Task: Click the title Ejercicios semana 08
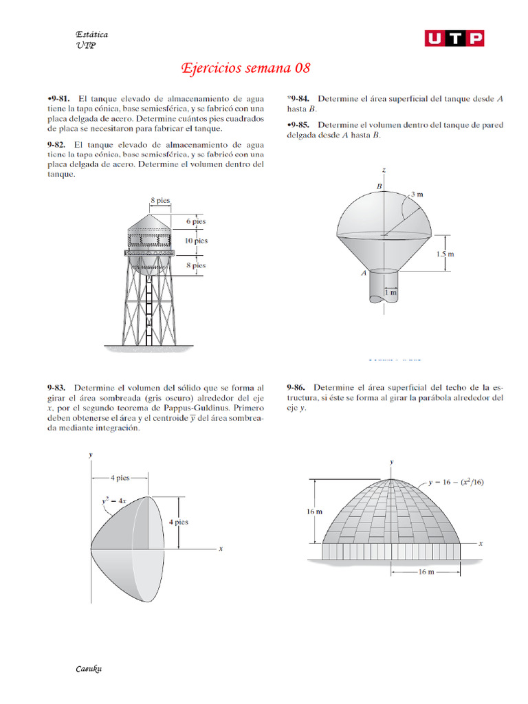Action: (x=245, y=68)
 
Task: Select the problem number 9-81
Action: (x=60, y=99)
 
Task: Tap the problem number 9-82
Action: (x=58, y=145)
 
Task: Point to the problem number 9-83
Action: (x=58, y=388)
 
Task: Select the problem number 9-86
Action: (x=299, y=388)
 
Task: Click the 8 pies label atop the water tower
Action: (x=160, y=201)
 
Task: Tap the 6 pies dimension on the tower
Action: (x=196, y=221)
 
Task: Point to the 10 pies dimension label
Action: (x=196, y=241)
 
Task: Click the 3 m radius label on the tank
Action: (x=417, y=195)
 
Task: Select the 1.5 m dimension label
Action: (x=445, y=254)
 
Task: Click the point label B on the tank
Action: (x=378, y=186)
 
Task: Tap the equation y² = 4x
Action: (x=115, y=502)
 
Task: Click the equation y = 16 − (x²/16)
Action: (x=456, y=482)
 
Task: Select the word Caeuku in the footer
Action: (x=89, y=668)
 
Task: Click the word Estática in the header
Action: (x=91, y=34)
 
